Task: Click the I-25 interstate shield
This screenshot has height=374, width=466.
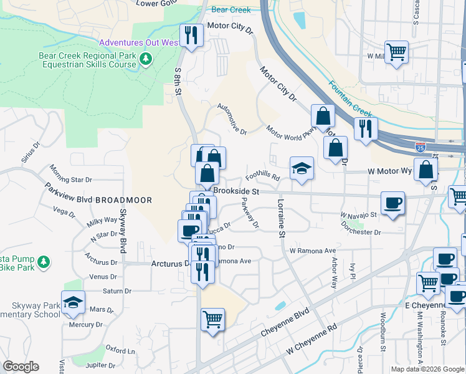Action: click(x=421, y=148)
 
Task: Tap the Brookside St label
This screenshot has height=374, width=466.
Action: click(x=236, y=191)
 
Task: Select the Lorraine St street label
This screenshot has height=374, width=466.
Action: click(x=281, y=218)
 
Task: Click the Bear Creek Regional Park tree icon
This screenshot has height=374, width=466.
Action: click(x=145, y=59)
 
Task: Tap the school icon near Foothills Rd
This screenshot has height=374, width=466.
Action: click(x=302, y=169)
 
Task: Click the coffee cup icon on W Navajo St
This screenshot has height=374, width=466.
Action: click(x=392, y=203)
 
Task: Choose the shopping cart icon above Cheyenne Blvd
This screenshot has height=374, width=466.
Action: click(x=212, y=320)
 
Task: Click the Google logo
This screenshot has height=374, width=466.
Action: click(x=21, y=367)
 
